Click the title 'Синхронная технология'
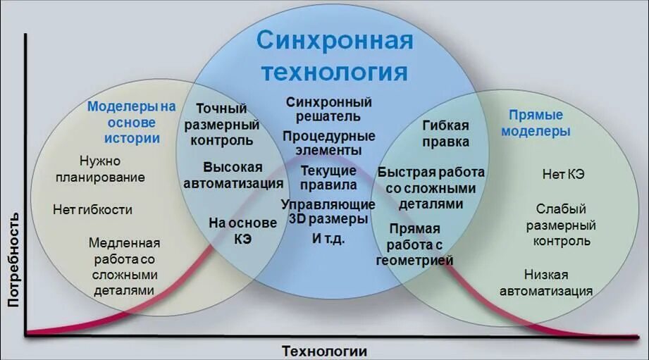click(x=334, y=56)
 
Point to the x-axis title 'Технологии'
click(x=324, y=350)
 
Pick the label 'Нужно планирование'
click(x=100, y=169)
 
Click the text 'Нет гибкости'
click(x=92, y=209)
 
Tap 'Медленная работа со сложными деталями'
click(x=124, y=266)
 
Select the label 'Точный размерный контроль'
click(x=221, y=124)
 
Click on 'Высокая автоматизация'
click(x=233, y=175)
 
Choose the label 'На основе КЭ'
click(x=243, y=230)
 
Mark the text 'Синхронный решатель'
click(x=328, y=109)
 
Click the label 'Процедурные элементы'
click(x=329, y=143)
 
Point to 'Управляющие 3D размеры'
click(x=328, y=211)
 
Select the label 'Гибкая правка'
click(x=445, y=133)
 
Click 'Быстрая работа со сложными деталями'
click(x=431, y=188)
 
